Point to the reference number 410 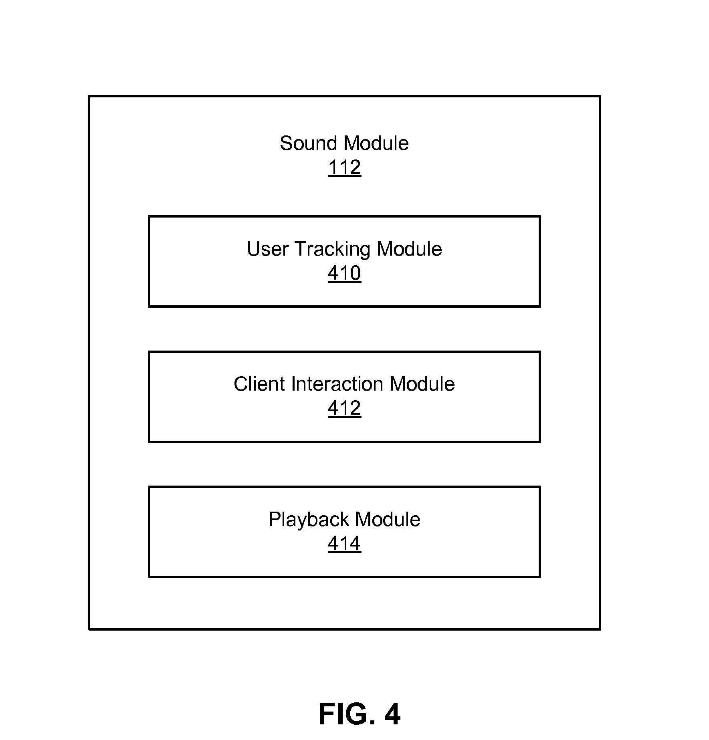coord(344,273)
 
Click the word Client coord(260,384)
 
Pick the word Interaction coord(337,384)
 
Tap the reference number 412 coord(344,408)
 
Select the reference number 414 coord(344,543)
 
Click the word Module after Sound coord(376,143)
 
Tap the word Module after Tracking coord(409,249)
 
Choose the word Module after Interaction coord(422,384)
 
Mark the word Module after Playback coord(388,519)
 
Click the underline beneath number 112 coord(344,176)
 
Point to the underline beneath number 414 coord(344,553)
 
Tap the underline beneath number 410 coord(344,282)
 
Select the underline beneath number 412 coord(344,417)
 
